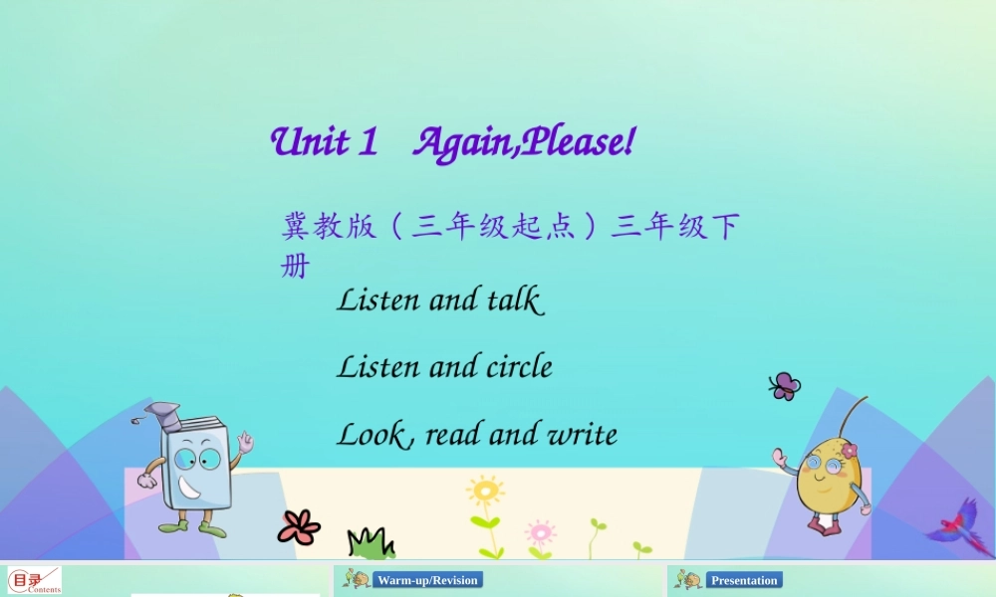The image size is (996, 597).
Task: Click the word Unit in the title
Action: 310,142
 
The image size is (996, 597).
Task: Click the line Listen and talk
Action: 439,299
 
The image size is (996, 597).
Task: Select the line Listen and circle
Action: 444,367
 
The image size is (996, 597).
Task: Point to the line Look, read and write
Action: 476,435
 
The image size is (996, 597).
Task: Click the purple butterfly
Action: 784,386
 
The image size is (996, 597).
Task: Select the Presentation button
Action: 744,580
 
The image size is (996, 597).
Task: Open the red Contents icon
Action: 34,580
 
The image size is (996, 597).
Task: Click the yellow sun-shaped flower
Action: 485,492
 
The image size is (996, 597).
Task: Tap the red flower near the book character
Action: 299,526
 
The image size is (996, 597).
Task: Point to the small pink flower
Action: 540,530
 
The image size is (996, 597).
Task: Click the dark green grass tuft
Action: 371,543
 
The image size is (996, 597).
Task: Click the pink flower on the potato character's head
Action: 849,450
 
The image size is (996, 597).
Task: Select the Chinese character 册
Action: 296,267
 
